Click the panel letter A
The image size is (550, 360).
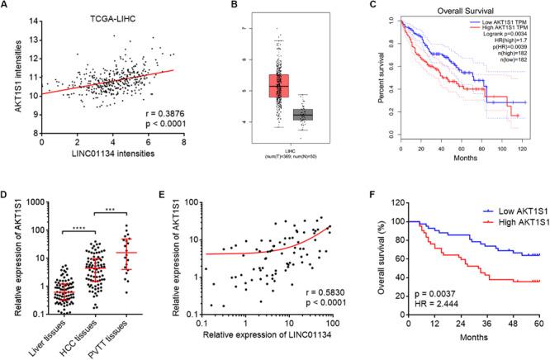7,7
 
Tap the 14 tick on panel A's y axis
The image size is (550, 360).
31,17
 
